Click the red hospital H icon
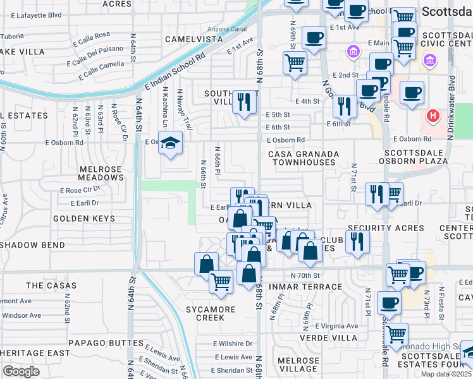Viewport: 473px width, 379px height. point(433,116)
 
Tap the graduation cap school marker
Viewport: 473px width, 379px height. point(170,144)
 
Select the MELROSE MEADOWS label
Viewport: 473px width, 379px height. point(101,173)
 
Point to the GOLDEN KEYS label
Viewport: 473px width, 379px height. point(84,219)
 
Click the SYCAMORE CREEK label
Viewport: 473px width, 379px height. point(211,314)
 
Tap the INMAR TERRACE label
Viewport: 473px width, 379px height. point(310,287)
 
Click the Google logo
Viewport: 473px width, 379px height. point(21,371)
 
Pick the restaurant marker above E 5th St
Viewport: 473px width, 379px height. point(243,102)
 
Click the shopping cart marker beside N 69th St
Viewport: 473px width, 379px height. point(294,63)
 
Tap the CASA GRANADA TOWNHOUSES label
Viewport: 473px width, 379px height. point(304,158)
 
